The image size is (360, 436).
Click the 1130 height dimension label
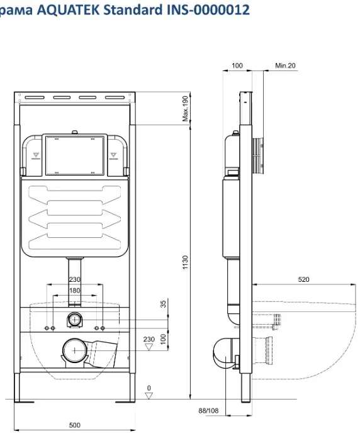click(185, 262)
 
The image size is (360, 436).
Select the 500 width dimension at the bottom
click(74, 425)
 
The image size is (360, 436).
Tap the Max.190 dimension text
click(185, 109)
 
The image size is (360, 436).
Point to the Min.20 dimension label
click(285, 65)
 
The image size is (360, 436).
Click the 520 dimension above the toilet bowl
click(303, 279)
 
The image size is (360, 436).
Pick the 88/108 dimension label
click(208, 410)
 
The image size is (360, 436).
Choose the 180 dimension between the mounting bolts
click(74, 291)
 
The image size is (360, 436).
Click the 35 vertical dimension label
click(163, 304)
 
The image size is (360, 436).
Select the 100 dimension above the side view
click(237, 65)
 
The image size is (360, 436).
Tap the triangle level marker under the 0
click(149, 395)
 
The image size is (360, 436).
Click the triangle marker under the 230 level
click(149, 347)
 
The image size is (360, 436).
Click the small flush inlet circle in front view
click(74, 320)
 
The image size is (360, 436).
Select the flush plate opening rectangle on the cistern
click(74, 156)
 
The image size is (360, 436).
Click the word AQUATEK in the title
click(68, 9)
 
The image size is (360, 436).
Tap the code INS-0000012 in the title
click(208, 9)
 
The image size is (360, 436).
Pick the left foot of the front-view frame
click(18, 387)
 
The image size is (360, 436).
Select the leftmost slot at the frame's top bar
click(35, 98)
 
